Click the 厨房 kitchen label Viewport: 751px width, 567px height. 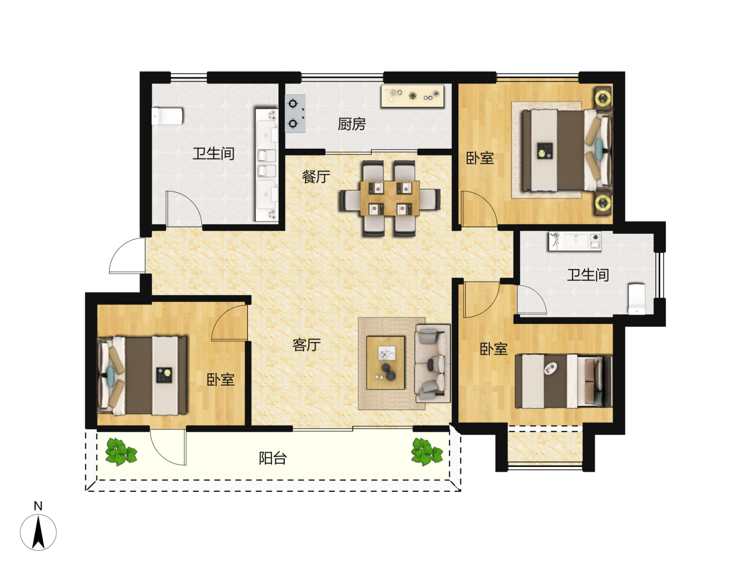pos(352,124)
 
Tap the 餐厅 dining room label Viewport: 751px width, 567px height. pos(316,176)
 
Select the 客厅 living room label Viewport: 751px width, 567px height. pos(306,345)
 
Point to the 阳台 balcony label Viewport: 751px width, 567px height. pos(272,458)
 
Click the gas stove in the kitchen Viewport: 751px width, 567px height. pos(295,113)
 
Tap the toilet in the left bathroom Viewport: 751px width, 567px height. pos(167,116)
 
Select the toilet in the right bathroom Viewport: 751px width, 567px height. pos(636,298)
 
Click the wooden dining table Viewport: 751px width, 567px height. pos(390,198)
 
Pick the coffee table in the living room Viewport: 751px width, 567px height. pos(385,363)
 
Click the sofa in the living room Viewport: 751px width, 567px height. pos(432,364)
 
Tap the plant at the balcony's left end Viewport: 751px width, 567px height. pos(121,452)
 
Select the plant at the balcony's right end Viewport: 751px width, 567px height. pos(427,452)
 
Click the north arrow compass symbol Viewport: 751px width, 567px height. pos(38,533)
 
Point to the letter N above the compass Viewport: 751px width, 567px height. pos(38,506)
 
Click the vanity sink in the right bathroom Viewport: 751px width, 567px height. pos(575,241)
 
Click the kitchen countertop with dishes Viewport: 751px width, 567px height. pos(413,96)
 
